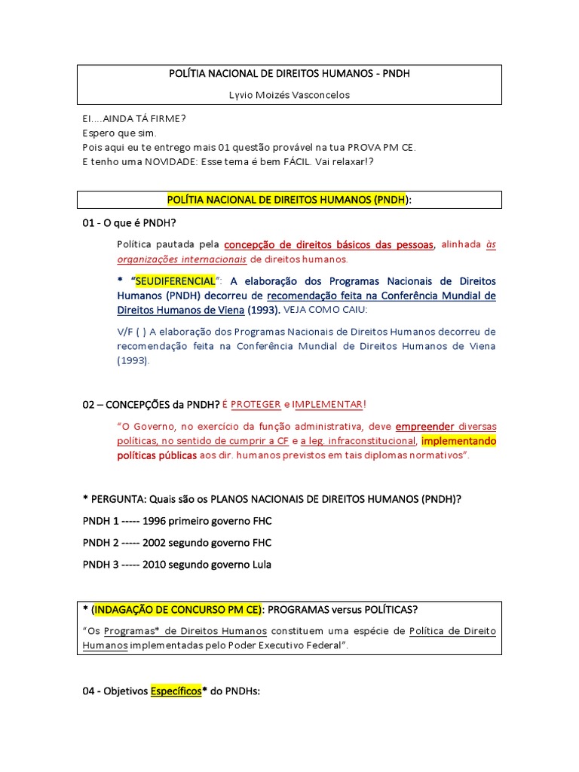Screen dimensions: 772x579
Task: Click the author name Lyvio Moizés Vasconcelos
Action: (289, 95)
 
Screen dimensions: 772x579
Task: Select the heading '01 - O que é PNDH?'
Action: (133, 223)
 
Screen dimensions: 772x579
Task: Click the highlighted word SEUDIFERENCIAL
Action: (175, 281)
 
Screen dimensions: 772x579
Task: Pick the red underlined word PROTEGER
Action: (256, 404)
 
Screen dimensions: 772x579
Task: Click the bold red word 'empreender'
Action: (424, 426)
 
